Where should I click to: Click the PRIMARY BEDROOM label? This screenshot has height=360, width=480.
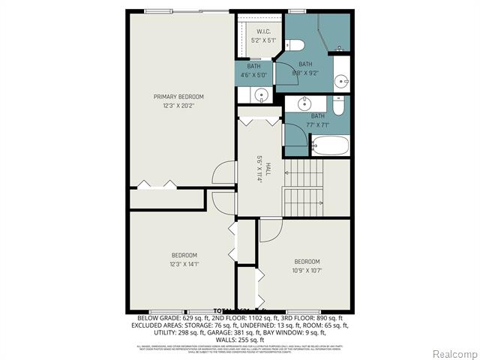tap(178, 97)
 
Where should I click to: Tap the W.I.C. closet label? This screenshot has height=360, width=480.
tap(262, 31)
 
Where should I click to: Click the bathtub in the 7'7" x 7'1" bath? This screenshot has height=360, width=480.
tap(329, 144)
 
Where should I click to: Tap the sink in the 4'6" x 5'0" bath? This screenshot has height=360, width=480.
tap(260, 95)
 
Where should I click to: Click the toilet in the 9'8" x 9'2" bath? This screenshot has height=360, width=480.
tap(292, 43)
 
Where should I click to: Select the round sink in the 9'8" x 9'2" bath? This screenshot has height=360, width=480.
tap(341, 81)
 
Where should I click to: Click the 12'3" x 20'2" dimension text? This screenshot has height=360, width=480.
tap(178, 106)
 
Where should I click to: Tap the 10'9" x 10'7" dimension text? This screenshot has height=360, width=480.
tap(307, 271)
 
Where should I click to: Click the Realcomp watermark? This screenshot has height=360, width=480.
tap(454, 353)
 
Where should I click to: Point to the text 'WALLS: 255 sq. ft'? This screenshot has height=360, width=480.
tap(239, 337)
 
